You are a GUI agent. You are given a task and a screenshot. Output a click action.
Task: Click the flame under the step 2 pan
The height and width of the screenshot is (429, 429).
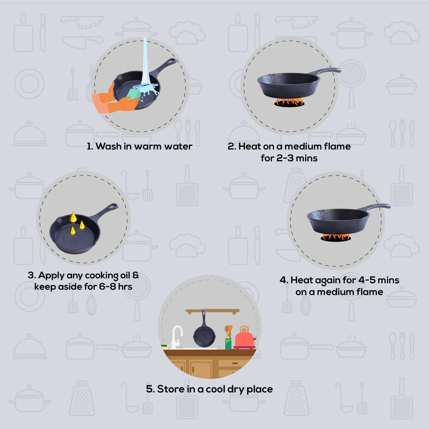[289, 102]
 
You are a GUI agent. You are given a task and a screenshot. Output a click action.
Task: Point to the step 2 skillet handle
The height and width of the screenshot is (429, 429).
[326, 71]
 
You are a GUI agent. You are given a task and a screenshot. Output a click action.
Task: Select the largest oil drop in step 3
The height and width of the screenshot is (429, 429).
[73, 217]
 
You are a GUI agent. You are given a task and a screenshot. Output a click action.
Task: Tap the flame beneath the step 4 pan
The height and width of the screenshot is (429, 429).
[336, 237]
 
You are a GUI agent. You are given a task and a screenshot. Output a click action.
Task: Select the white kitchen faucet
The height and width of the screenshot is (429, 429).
[176, 337]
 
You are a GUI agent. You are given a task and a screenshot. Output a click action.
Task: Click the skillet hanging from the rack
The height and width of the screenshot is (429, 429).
[204, 331]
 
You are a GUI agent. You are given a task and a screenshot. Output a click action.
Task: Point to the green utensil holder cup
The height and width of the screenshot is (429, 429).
[228, 344]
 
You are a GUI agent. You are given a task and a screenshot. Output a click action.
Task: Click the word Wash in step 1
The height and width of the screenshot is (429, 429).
[109, 146]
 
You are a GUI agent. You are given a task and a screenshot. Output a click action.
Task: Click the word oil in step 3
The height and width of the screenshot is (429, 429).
[125, 275]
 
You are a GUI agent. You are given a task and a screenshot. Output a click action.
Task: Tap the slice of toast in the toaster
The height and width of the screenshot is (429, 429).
[244, 329]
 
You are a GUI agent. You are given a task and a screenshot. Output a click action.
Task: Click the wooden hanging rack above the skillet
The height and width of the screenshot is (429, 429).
[213, 311]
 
